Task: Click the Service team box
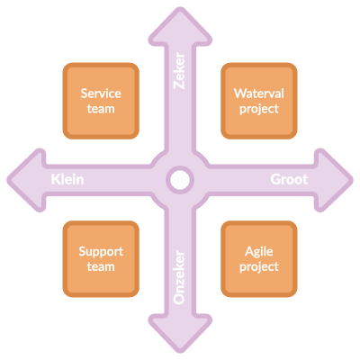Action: tap(101, 101)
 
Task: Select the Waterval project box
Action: tap(259, 101)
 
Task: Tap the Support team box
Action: tap(101, 259)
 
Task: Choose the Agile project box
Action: tap(259, 259)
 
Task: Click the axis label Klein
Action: tap(67, 179)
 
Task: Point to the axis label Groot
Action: tap(289, 179)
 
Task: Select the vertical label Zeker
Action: tap(179, 71)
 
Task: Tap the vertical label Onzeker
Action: tap(179, 277)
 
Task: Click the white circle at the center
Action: tap(180, 180)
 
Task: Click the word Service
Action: tap(101, 94)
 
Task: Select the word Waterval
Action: tap(259, 94)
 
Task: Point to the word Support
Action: tap(101, 252)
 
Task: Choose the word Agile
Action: tap(259, 252)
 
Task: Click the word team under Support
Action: tap(101, 266)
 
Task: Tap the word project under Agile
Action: tap(259, 267)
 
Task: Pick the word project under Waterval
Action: tap(259, 109)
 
